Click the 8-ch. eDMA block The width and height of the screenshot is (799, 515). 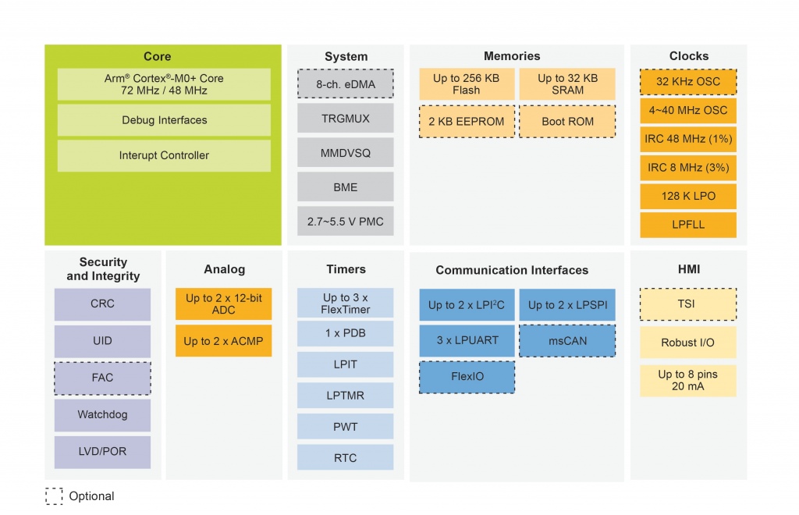(346, 84)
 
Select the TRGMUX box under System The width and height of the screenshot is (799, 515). (346, 118)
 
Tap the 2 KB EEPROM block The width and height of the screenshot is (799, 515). (467, 121)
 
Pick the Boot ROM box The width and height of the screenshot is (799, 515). (567, 121)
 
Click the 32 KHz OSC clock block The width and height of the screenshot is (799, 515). (688, 81)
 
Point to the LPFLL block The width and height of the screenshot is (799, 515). (688, 225)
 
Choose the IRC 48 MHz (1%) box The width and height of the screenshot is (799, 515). (688, 139)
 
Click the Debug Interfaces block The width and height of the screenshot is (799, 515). (164, 120)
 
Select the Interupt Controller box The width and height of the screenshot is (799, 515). (164, 155)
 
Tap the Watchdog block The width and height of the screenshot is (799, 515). (102, 414)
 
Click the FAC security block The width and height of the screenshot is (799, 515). (102, 378)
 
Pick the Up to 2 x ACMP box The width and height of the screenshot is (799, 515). (223, 341)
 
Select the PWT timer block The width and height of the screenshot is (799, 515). (346, 427)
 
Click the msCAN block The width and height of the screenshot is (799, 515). (567, 341)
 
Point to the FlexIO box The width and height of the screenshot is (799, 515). (467, 377)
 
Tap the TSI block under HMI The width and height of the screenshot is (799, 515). (688, 304)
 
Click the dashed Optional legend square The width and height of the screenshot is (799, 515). (54, 496)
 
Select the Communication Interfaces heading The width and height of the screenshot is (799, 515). (512, 270)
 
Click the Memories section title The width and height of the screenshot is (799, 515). (512, 56)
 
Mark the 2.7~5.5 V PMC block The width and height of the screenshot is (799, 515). (346, 222)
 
